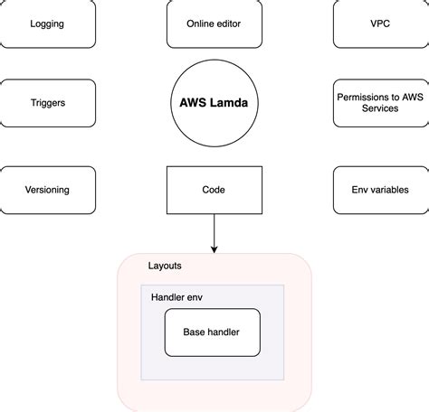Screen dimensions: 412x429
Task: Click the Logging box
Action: click(x=47, y=24)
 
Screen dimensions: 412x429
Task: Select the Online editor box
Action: click(x=214, y=24)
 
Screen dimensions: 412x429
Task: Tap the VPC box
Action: click(x=380, y=24)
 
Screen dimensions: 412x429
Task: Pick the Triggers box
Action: click(x=47, y=103)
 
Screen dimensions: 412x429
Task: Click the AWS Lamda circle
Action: click(x=214, y=104)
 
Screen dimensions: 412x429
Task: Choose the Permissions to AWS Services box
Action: click(x=380, y=103)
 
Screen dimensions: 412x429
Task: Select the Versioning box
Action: click(x=47, y=190)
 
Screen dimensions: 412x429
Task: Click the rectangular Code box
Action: click(x=214, y=190)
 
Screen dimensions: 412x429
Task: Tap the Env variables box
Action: click(x=380, y=190)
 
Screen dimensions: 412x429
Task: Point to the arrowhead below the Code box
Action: click(x=214, y=247)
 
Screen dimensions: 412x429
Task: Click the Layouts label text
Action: click(x=165, y=266)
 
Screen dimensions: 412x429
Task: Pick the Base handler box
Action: click(x=212, y=332)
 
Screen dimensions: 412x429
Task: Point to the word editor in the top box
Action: click(x=229, y=24)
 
